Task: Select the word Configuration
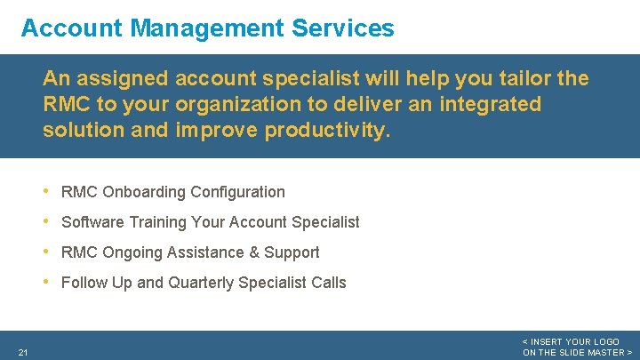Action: [x=237, y=192]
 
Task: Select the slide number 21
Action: [x=22, y=353]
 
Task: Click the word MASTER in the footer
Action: [x=604, y=353]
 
